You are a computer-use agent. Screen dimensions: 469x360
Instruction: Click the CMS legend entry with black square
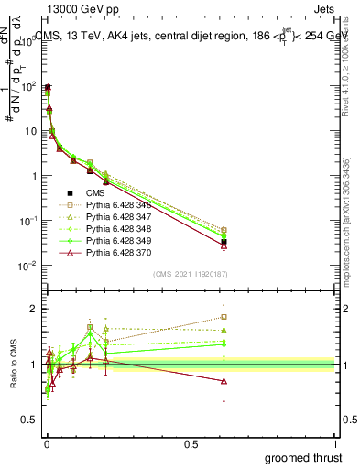(x=95, y=193)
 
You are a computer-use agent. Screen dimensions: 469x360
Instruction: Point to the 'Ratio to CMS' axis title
(x=15, y=365)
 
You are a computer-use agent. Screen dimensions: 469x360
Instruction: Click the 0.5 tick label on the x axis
(x=191, y=444)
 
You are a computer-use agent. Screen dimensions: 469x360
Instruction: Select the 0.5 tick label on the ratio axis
(x=27, y=421)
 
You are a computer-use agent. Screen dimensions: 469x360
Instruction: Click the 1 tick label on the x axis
(x=335, y=444)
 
